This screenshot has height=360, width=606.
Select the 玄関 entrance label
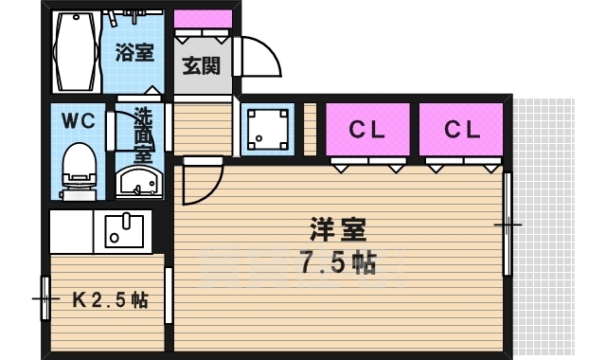click(201, 65)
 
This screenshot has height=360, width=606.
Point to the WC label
click(77, 121)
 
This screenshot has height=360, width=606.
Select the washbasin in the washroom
click(138, 180)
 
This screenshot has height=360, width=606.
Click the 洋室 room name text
click(336, 229)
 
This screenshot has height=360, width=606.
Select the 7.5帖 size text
click(337, 262)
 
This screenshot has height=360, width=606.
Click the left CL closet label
click(368, 130)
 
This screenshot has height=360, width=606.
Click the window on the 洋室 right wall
click(508, 225)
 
